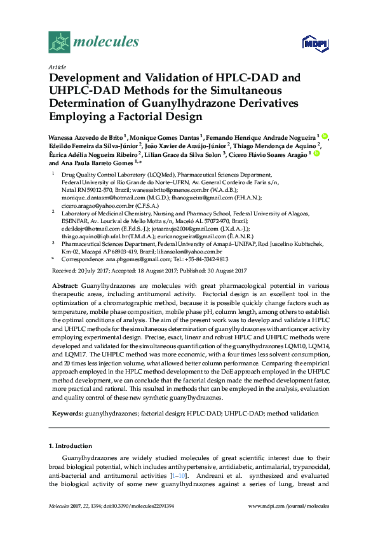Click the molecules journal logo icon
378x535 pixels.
58,43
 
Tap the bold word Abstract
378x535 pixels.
65,286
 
